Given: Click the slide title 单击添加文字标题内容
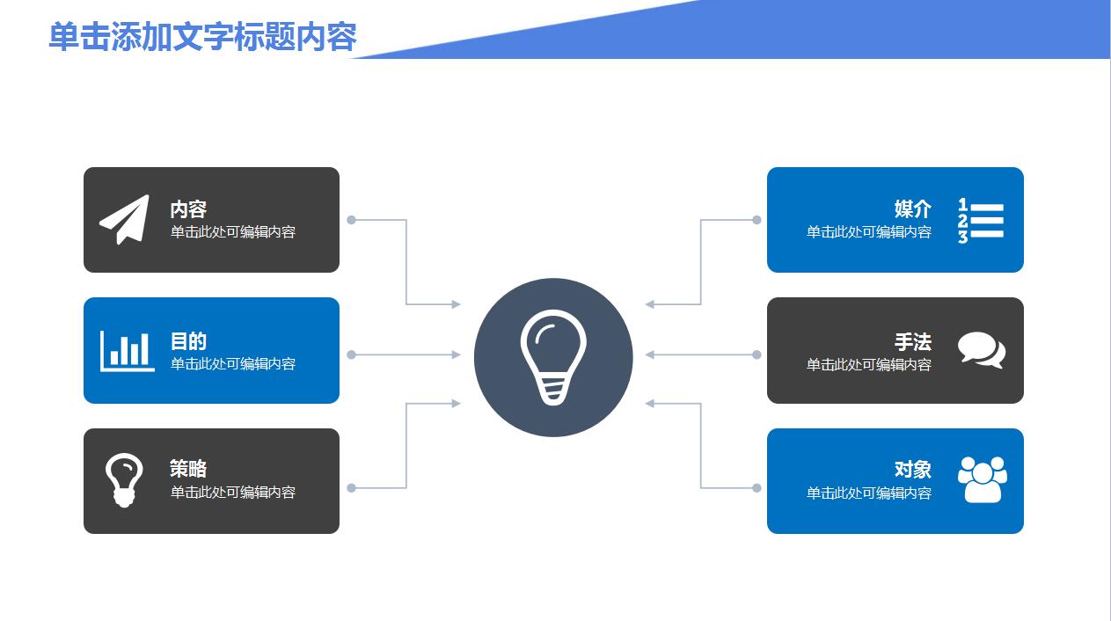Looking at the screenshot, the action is (203, 37).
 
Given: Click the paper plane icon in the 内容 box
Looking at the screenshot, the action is (125, 220).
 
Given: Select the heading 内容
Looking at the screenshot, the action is (188, 208).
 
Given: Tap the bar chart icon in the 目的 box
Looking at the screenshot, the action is (127, 351).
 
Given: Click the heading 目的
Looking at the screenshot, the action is (188, 340).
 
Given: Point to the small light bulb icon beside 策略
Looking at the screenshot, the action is (124, 480).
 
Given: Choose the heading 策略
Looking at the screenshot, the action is (188, 468).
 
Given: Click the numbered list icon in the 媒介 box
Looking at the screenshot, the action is (981, 221).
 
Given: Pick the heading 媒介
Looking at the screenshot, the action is (912, 208).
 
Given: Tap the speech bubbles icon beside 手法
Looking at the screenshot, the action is (982, 350).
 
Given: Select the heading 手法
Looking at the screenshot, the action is (912, 342).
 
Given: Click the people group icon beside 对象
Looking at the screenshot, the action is (983, 479).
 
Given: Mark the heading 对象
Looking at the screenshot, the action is (912, 469).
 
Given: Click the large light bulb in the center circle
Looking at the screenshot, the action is (553, 357).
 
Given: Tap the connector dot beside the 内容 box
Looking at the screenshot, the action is (351, 220).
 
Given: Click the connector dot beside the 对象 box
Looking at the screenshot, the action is (757, 488).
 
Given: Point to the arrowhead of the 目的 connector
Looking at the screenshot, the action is (457, 354).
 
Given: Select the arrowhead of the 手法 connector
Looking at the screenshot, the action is (650, 354).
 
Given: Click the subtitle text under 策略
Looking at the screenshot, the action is (232, 492).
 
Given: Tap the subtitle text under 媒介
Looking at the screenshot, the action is (869, 231).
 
